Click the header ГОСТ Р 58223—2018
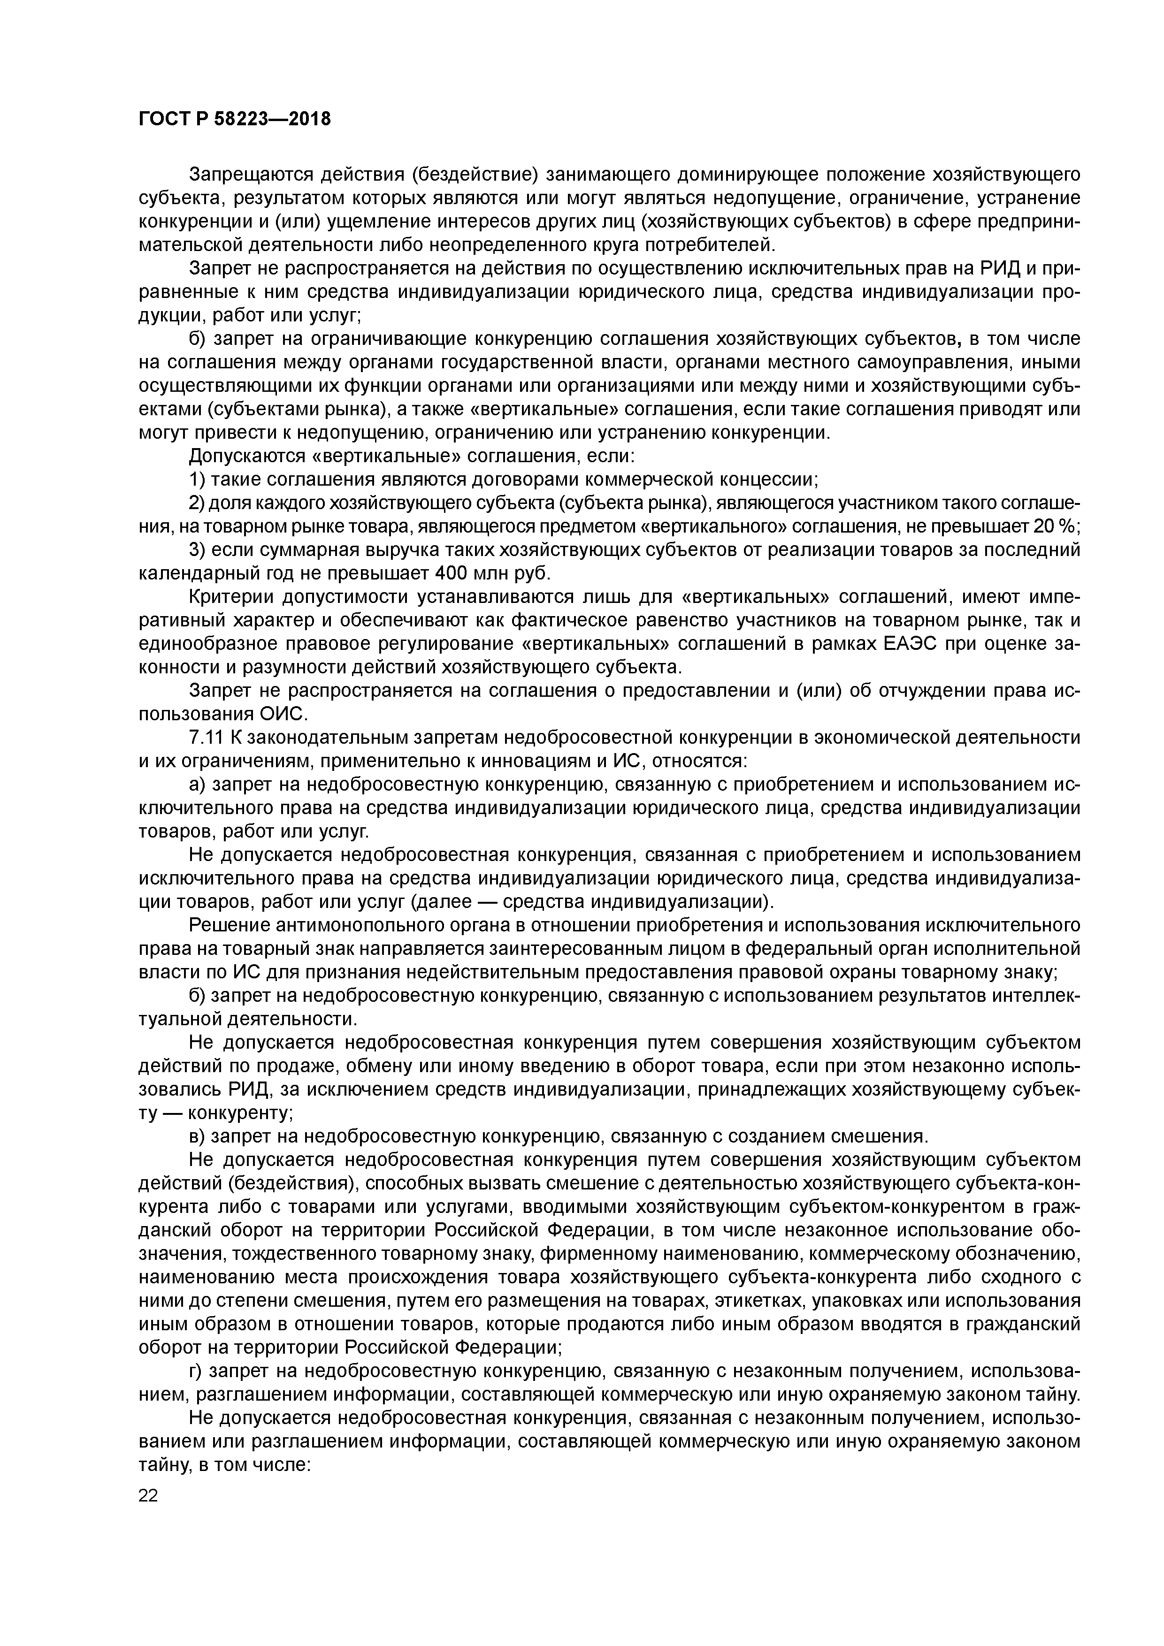pos(235,119)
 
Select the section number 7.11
pos(208,738)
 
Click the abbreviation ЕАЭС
pos(904,644)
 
